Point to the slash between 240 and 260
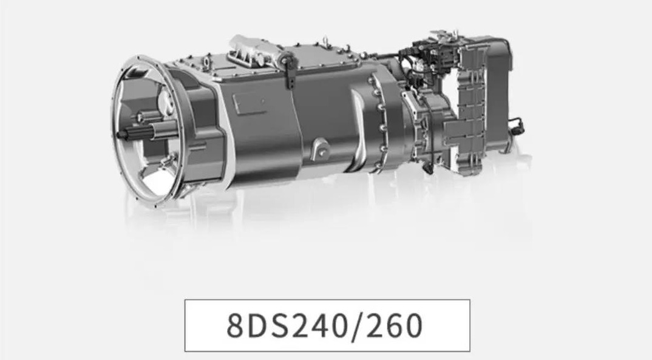(356, 325)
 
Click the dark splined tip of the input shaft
(123, 134)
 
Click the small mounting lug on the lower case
(320, 149)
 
